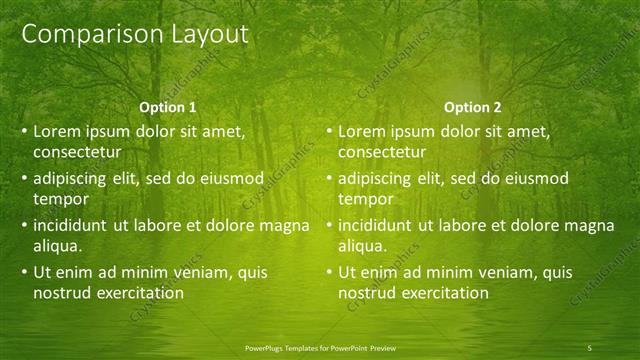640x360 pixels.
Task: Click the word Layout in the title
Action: pos(201,34)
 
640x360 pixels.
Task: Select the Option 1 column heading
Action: pos(167,107)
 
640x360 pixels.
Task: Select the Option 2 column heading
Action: pos(472,107)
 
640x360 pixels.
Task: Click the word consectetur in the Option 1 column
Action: pos(77,152)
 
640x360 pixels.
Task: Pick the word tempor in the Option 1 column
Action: pos(59,199)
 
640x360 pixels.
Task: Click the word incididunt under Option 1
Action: pos(73,225)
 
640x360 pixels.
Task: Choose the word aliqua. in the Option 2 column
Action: pos(363,245)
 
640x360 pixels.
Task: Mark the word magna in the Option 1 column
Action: pos(284,225)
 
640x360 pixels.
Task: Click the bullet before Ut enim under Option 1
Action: pos(25,273)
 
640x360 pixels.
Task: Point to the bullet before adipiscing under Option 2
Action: pos(330,179)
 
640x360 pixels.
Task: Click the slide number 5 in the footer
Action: pos(590,347)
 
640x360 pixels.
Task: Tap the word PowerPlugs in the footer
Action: pos(266,347)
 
